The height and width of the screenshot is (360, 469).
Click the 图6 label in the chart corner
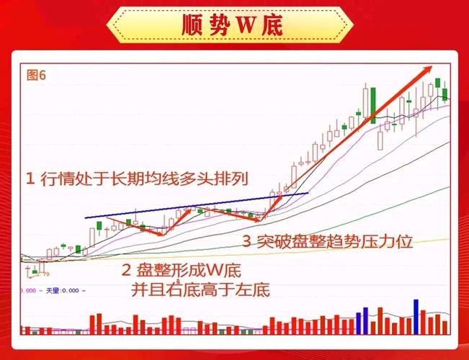point(36,75)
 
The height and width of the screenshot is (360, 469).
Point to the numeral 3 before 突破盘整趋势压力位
point(246,242)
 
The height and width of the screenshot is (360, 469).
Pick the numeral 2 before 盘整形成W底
point(126,271)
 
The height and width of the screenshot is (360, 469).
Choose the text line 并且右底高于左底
point(200,290)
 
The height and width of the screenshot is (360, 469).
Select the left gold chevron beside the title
point(120,26)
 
